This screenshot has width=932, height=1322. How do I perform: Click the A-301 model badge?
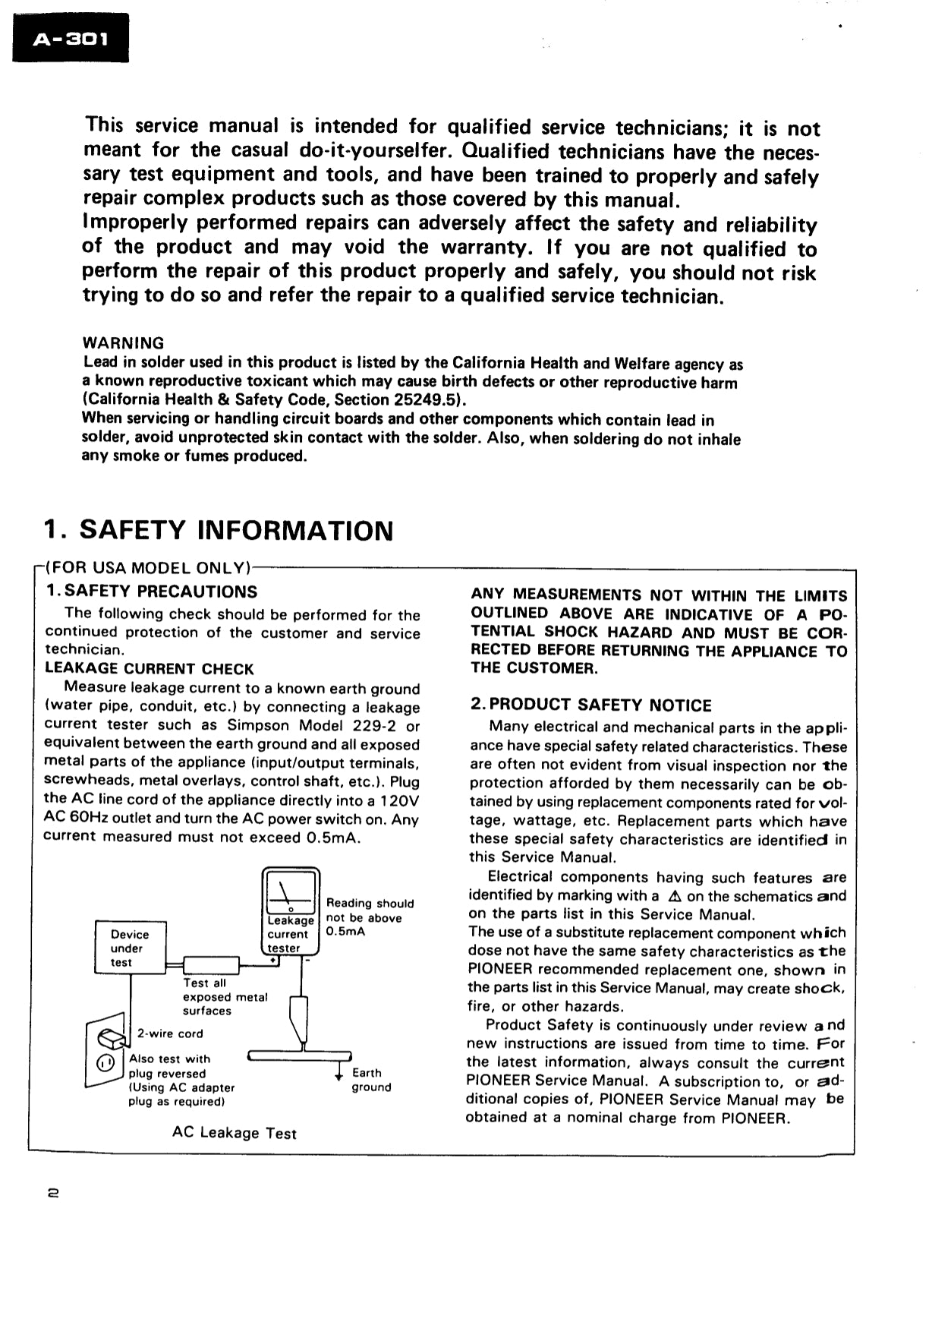click(x=71, y=39)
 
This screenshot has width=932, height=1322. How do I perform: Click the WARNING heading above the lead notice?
click(x=123, y=343)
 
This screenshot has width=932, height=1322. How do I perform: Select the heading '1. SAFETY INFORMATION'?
click(x=219, y=530)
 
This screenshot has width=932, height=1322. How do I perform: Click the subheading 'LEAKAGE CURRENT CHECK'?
click(x=150, y=669)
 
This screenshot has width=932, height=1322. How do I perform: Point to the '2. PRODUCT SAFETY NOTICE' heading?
click(x=591, y=705)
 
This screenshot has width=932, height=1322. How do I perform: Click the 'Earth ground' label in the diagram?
click(x=371, y=1080)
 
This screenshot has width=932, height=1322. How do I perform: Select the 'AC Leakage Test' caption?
click(x=234, y=1133)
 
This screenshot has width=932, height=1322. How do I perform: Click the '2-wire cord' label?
click(x=170, y=1033)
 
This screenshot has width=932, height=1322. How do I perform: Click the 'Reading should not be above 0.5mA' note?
click(x=370, y=917)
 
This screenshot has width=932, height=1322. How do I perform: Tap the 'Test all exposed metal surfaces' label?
click(x=225, y=997)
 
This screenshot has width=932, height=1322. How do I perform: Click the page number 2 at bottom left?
click(x=52, y=1193)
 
